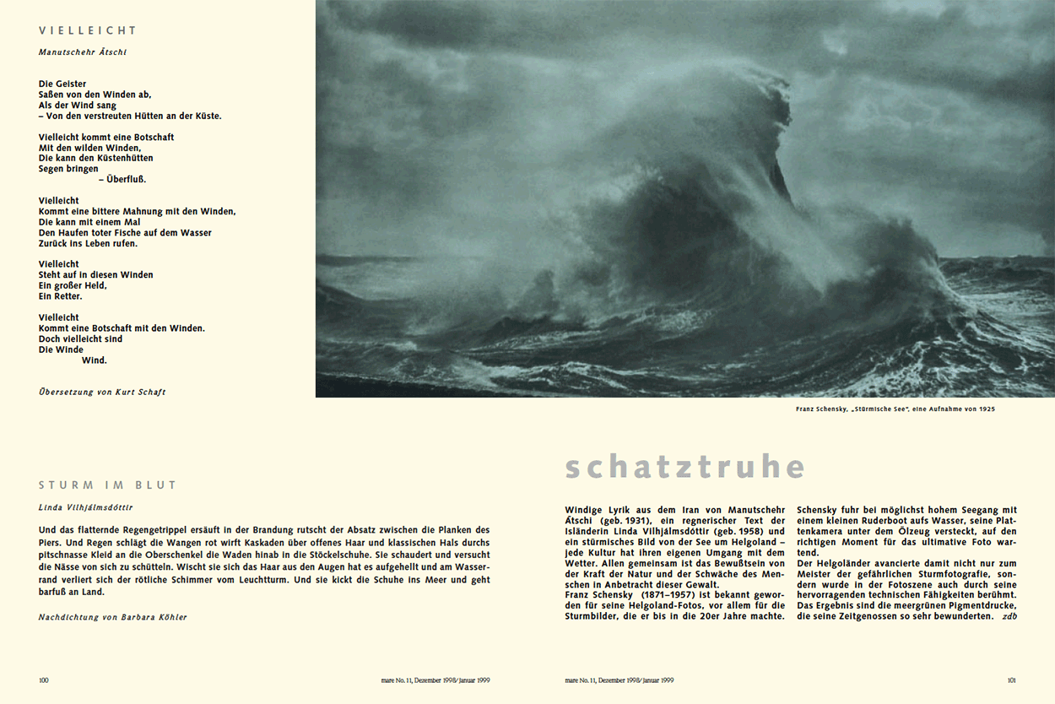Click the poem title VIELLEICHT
88,30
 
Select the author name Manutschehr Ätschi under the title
83,52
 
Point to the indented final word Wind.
95,360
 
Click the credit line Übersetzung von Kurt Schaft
102,392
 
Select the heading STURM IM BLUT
108,485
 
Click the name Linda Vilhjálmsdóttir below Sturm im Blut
85,507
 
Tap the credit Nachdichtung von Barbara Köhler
113,617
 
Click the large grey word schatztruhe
684,467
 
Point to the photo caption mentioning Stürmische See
895,409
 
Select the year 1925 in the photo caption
986,409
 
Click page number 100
44,680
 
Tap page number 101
1011,680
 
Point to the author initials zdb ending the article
1009,616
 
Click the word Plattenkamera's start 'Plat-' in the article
1004,521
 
